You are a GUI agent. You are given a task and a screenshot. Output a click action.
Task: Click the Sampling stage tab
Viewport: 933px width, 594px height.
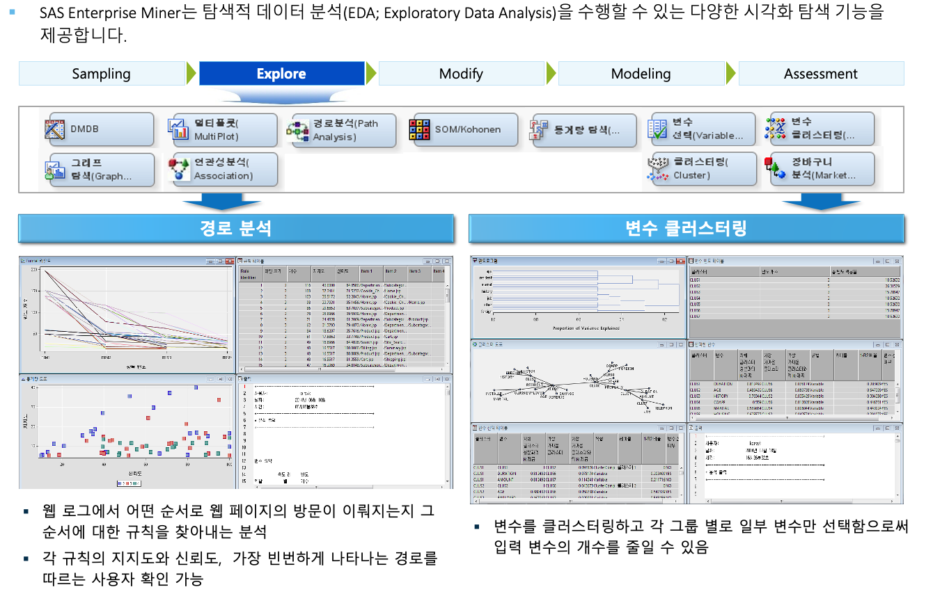coord(102,74)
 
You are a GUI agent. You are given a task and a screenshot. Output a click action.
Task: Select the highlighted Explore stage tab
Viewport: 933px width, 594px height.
coord(281,74)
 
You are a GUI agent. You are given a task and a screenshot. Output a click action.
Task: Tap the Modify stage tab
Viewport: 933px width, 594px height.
coord(461,74)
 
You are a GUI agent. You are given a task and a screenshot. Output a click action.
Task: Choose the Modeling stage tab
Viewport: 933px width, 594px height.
coord(641,74)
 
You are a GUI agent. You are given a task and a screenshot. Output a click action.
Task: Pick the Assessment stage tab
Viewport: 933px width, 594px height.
coord(821,74)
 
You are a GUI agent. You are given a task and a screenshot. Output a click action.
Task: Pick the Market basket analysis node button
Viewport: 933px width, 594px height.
coord(822,169)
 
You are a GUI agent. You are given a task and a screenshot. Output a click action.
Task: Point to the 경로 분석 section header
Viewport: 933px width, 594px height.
coord(236,228)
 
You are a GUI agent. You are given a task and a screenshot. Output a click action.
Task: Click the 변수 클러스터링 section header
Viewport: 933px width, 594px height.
coord(686,228)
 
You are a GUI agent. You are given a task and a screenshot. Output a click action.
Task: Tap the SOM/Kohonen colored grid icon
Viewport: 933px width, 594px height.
coord(420,129)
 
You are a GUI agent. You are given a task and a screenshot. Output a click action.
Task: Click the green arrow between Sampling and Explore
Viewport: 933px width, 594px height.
coord(191,74)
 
